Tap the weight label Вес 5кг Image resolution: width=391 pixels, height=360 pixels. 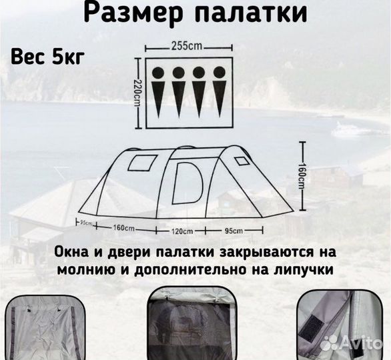tap(47, 56)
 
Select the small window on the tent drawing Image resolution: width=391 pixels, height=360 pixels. tap(140, 162)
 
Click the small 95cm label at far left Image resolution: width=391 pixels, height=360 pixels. tap(85, 222)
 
